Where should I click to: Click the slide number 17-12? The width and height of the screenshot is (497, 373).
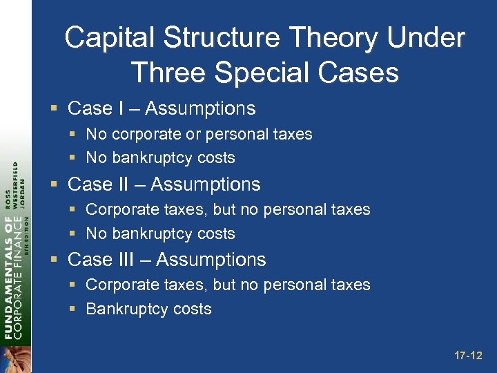tap(468, 356)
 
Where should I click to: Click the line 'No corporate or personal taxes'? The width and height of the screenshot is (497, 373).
tap(199, 134)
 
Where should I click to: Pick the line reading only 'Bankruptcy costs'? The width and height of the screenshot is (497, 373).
tap(148, 309)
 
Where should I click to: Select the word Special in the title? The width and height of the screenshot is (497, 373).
tap(255, 72)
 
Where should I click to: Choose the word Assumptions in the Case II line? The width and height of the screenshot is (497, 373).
tap(205, 184)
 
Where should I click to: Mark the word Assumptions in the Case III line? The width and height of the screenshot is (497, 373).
tap(211, 260)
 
